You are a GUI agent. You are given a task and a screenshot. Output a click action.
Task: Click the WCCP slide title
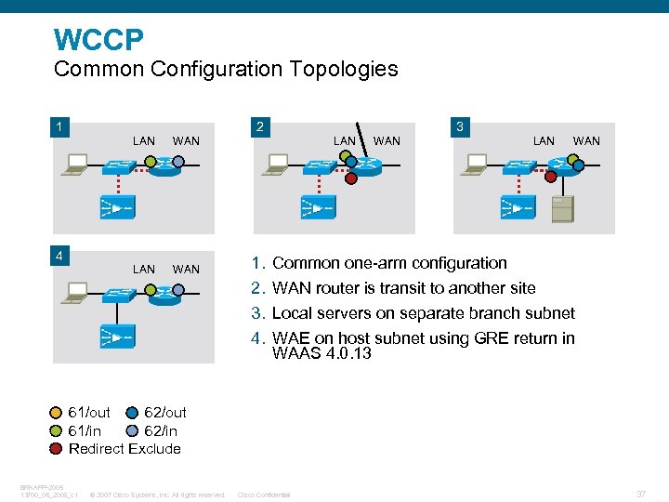click(x=98, y=40)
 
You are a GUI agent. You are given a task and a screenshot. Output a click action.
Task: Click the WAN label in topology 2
click(x=387, y=141)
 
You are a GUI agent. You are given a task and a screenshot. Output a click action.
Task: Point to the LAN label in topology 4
click(x=144, y=269)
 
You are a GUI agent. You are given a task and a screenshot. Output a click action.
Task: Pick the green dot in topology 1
click(x=151, y=161)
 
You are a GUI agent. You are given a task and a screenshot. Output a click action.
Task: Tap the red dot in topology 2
click(x=351, y=178)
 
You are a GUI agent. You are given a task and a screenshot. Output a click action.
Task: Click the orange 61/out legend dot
click(x=57, y=413)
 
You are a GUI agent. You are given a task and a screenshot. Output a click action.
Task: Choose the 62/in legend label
click(x=161, y=431)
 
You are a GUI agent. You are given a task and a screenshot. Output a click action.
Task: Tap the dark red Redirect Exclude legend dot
click(x=57, y=449)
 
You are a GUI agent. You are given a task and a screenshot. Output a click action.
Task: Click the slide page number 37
click(x=640, y=493)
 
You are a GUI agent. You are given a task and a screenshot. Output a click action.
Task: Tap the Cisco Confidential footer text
click(x=264, y=495)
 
